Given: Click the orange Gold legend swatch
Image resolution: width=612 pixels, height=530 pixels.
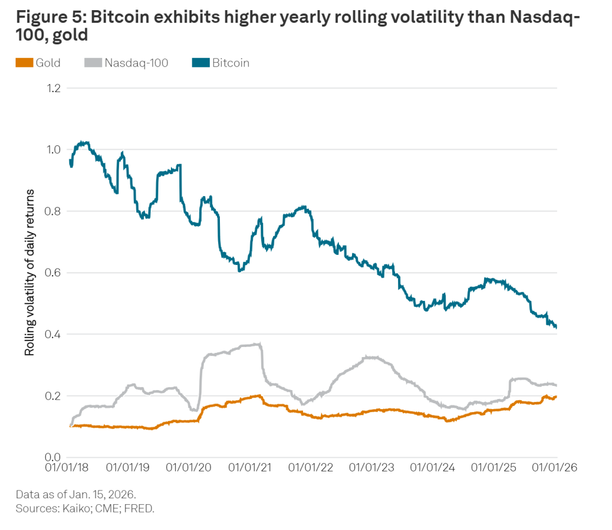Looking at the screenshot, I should (x=25, y=63).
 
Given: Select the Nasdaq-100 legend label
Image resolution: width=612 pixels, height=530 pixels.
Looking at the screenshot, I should (x=136, y=63).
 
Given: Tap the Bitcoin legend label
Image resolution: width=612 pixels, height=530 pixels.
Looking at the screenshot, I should (x=231, y=63).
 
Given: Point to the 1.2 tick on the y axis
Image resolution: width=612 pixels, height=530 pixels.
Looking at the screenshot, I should (x=54, y=88).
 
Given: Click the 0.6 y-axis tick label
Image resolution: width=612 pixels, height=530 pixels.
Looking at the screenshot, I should (x=54, y=273).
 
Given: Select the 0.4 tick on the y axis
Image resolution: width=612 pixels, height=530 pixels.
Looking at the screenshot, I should (x=54, y=334).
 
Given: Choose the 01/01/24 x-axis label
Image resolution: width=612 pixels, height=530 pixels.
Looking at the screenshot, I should (x=433, y=467).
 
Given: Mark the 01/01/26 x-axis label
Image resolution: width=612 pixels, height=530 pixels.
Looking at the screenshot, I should (x=555, y=467).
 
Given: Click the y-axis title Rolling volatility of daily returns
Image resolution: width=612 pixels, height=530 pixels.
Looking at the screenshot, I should (x=29, y=272).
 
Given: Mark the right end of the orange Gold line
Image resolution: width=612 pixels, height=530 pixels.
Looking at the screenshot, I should (x=556, y=397).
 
